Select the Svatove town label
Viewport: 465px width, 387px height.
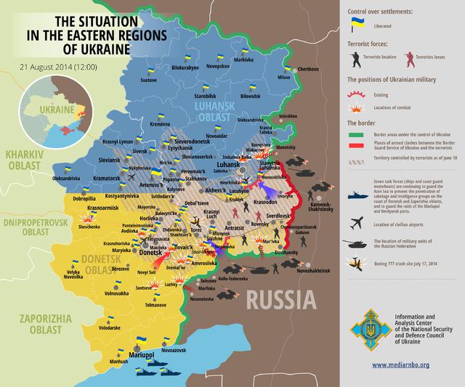(x=148, y=79)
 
